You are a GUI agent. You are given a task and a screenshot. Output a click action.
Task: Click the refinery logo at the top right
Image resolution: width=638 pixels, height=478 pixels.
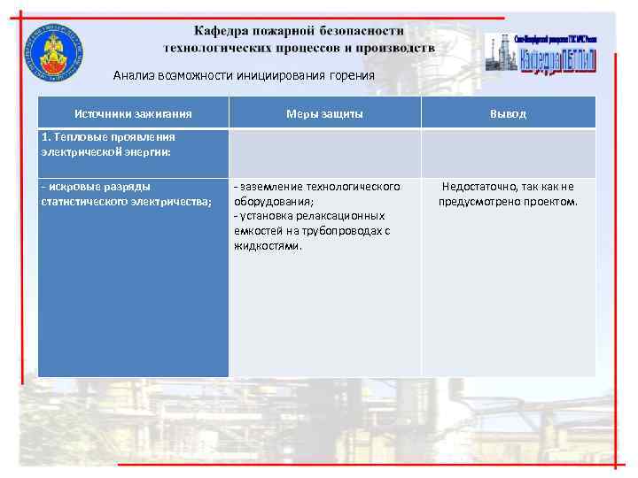pos(541,54)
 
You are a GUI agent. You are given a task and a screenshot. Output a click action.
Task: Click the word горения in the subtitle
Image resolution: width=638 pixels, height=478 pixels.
pos(352,76)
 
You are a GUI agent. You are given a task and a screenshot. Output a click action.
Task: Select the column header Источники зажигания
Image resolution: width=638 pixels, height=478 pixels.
pos(133,113)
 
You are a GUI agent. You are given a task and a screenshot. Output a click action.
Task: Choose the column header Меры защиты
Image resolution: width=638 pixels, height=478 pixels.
pos(324,113)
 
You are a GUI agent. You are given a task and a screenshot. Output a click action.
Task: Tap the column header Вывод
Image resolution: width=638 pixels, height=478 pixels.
pos(508,113)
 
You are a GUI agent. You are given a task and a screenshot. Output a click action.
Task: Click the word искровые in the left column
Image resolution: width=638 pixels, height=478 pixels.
pos(72,187)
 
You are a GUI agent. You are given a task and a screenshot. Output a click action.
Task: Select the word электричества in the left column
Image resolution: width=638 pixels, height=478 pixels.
pos(170,201)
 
